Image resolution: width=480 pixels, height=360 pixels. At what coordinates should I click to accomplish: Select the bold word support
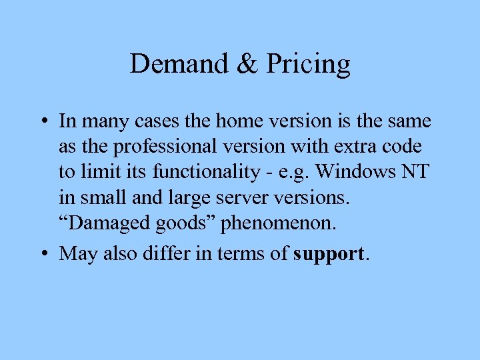click(x=329, y=255)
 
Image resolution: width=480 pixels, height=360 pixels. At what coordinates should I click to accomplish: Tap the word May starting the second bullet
click(x=75, y=255)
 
